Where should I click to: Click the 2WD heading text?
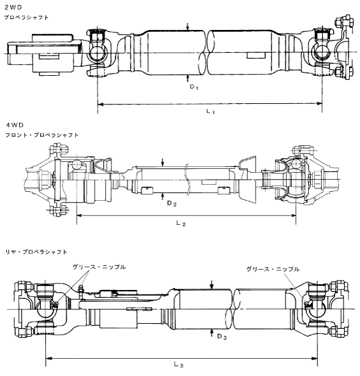[x=13, y=8]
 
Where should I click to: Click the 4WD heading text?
[x=15, y=125]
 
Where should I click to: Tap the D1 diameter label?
[x=194, y=87]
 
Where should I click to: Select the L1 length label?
[x=210, y=112]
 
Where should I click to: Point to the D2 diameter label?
[x=172, y=203]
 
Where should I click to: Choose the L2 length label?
[x=181, y=223]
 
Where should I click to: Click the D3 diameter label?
[x=222, y=336]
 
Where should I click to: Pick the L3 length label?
[x=178, y=365]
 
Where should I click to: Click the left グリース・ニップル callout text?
[x=99, y=266]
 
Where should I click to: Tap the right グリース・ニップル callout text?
[x=273, y=269]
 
